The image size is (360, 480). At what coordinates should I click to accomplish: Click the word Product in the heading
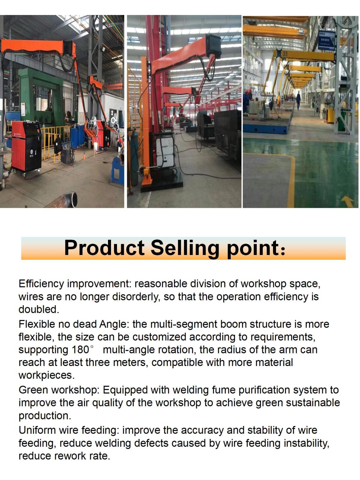pyautogui.click(x=104, y=248)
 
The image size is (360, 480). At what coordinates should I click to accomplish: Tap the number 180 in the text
pyautogui.click(x=80, y=349)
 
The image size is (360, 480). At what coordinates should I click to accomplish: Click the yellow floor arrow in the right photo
pyautogui.click(x=347, y=201)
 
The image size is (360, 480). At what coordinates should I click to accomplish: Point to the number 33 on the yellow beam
pyautogui.click(x=285, y=54)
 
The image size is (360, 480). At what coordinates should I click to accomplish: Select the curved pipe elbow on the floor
pyautogui.click(x=63, y=200)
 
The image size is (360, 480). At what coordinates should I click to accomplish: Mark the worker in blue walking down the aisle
pyautogui.click(x=298, y=100)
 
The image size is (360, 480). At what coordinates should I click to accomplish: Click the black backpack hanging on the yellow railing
pyautogui.click(x=58, y=145)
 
